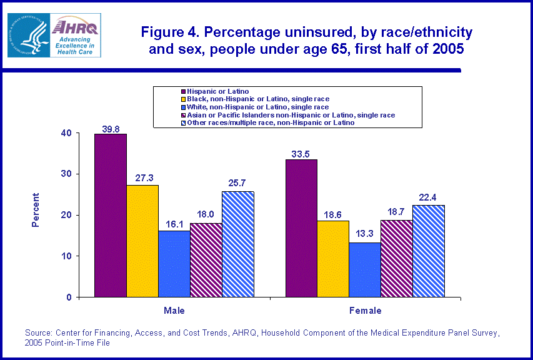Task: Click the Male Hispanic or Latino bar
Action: point(111,216)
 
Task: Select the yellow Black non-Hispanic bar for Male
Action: point(142,241)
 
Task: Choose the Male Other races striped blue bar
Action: point(237,244)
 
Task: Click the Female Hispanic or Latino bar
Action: point(301,228)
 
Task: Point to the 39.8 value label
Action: point(111,129)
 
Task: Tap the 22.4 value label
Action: point(428,200)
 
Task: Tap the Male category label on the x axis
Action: point(174,310)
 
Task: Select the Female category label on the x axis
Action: point(365,310)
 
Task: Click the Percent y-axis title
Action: point(36,209)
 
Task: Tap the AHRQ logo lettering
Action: point(76,27)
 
